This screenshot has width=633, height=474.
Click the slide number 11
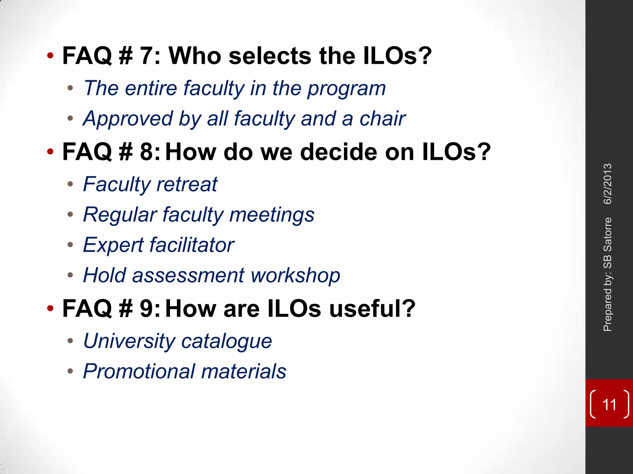(x=609, y=405)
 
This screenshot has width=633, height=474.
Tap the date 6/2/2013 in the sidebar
(x=608, y=184)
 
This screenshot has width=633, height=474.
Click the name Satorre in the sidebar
(x=608, y=234)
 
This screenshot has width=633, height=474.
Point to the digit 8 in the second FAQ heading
(x=147, y=152)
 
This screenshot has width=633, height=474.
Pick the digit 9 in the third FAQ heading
(x=147, y=308)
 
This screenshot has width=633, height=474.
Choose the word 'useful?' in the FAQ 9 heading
(x=372, y=308)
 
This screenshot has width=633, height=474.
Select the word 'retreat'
(x=187, y=184)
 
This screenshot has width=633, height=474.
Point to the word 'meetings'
(x=272, y=215)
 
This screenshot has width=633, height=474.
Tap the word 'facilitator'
(x=192, y=245)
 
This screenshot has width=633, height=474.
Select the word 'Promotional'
(x=139, y=371)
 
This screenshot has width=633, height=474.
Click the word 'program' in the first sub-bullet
(x=346, y=89)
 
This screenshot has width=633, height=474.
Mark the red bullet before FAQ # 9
(x=50, y=308)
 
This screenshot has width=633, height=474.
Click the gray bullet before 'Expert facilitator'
(x=70, y=245)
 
